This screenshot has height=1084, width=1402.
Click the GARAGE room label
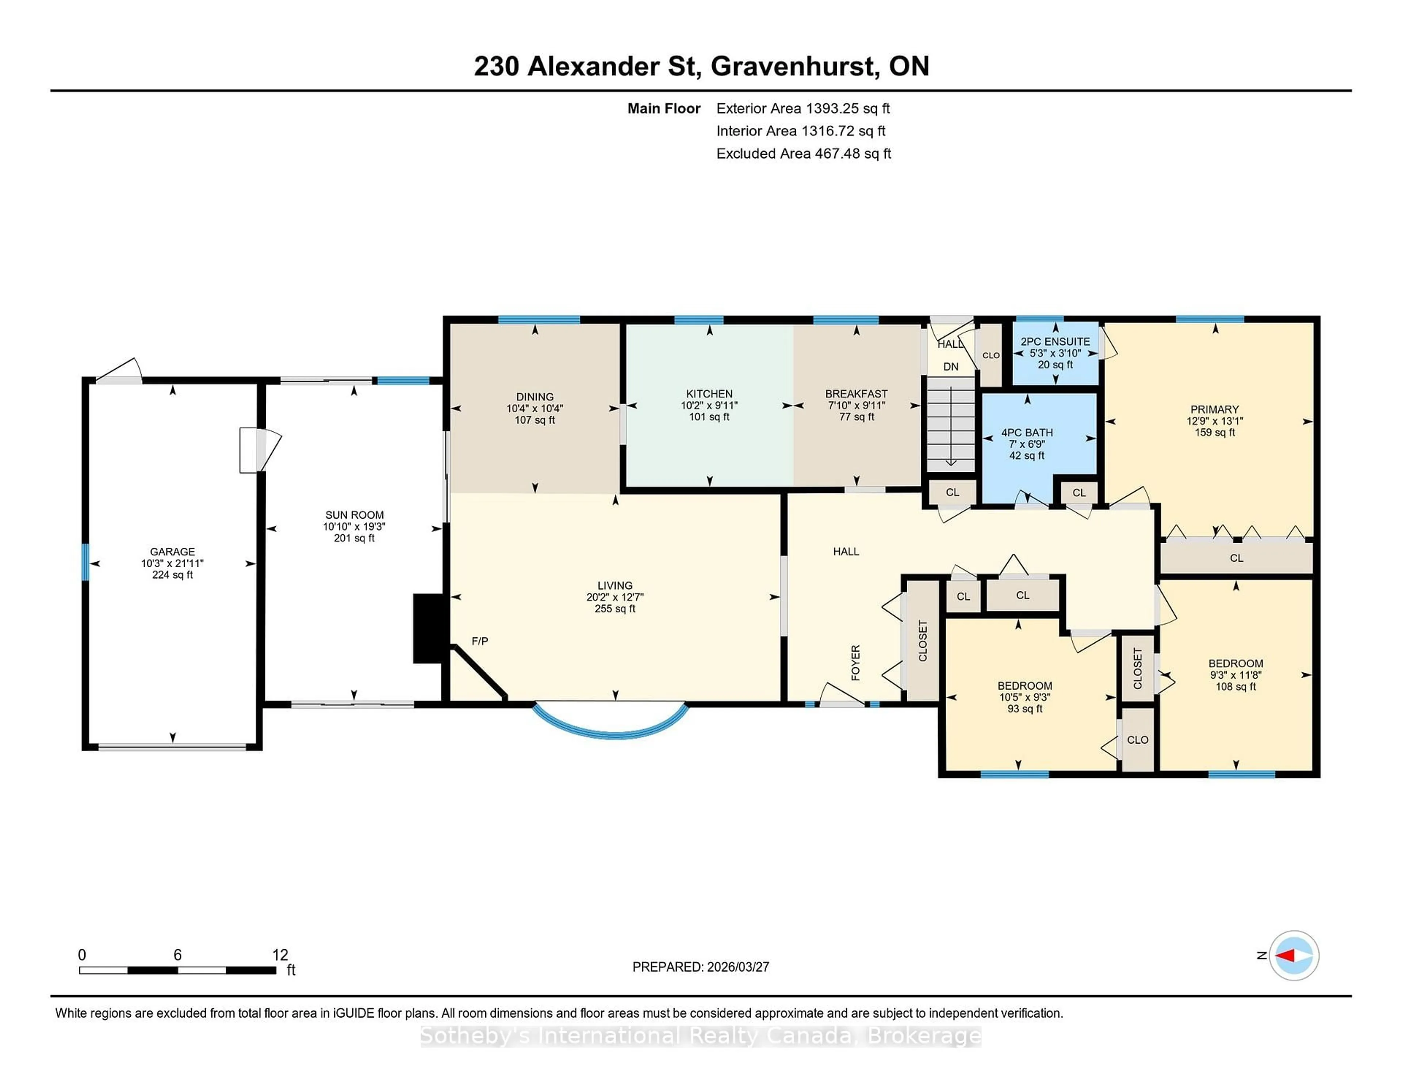point(172,551)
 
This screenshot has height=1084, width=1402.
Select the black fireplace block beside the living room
point(427,628)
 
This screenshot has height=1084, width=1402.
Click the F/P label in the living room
point(479,641)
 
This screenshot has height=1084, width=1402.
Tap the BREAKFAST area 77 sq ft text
point(856,417)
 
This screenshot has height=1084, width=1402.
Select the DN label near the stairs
point(951,367)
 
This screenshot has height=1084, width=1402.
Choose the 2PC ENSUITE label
point(1056,341)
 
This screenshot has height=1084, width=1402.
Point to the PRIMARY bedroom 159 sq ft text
point(1215,432)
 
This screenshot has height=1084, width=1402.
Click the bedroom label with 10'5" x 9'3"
point(1024,685)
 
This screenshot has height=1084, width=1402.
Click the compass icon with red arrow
point(1294,955)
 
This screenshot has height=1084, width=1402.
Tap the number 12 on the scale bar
point(280,955)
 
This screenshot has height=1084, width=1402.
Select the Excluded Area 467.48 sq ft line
point(803,153)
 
